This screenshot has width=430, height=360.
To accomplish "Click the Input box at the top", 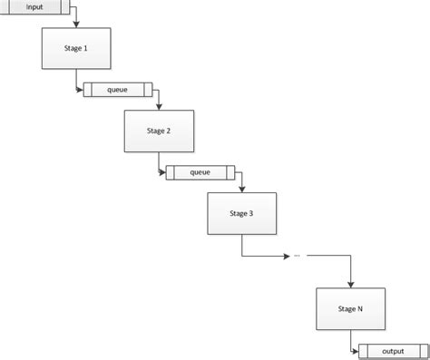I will click(x=35, y=7).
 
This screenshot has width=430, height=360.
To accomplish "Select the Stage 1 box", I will click(x=77, y=48).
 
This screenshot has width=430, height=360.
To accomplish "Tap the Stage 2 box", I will click(x=160, y=131).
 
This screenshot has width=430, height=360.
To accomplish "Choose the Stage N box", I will click(x=351, y=308).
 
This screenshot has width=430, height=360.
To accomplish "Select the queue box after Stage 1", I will click(x=119, y=90).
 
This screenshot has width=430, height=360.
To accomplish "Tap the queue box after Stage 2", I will click(x=200, y=172).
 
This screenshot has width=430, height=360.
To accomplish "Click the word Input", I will click(x=35, y=6).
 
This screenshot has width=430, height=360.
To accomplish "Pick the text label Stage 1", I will click(x=77, y=48).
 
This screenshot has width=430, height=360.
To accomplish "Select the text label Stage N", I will click(x=351, y=308).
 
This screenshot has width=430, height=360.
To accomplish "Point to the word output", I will click(x=393, y=351).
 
